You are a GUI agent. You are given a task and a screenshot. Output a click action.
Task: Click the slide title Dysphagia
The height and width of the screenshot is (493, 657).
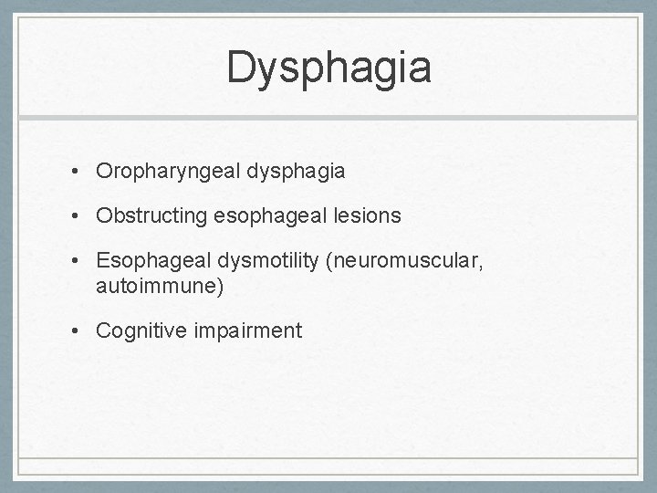click(328, 68)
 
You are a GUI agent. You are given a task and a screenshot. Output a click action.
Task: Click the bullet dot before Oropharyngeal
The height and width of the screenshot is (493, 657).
click(81, 172)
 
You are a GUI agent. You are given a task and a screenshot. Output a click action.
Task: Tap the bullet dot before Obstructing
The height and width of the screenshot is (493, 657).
click(81, 217)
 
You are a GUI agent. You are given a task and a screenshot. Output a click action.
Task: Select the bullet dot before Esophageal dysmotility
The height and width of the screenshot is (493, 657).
click(81, 263)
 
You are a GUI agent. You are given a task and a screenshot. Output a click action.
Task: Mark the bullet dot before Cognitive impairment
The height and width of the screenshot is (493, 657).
click(81, 331)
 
